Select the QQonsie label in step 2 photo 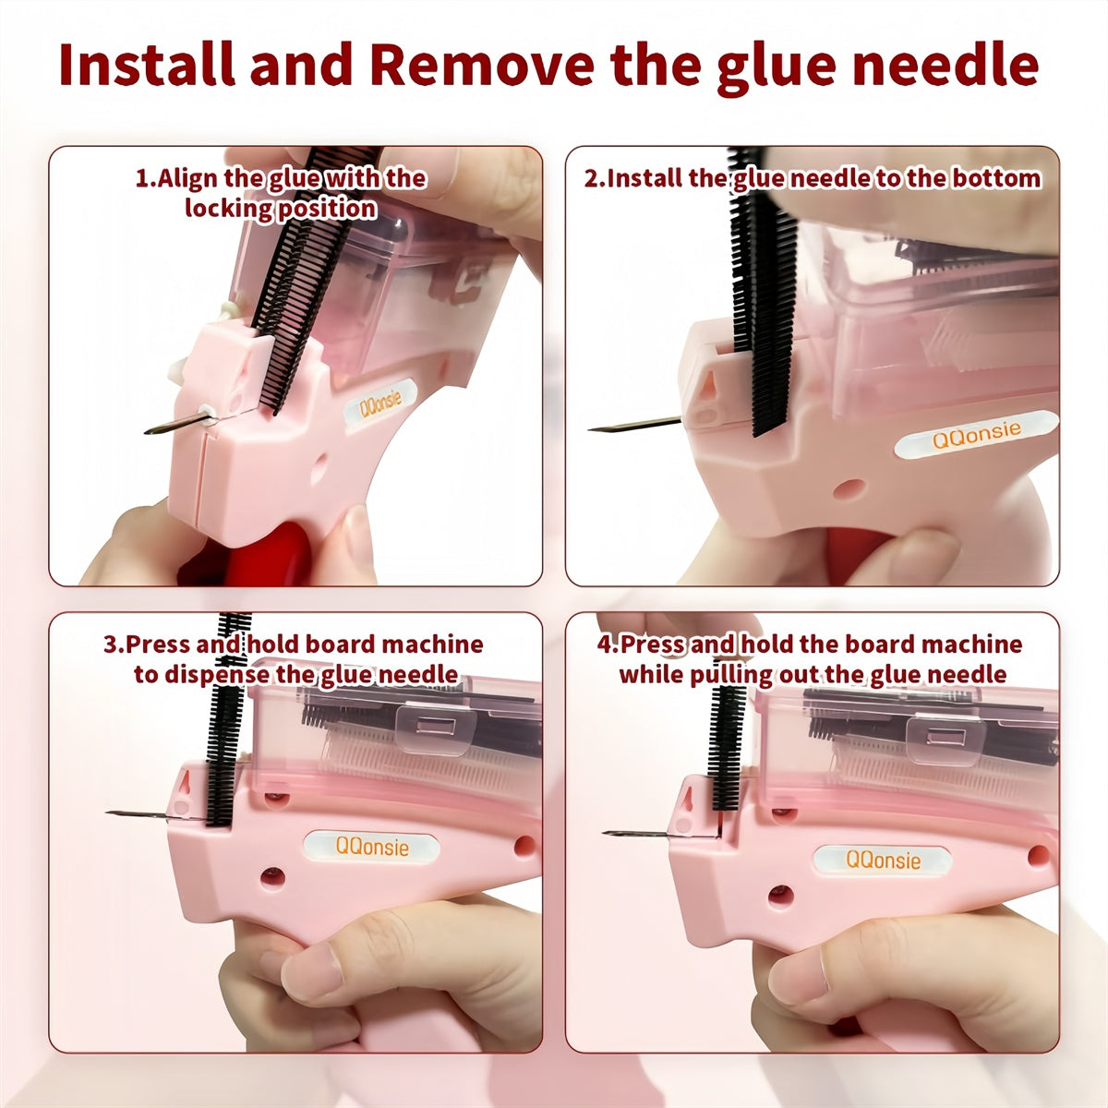click(x=976, y=433)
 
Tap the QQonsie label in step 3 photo click(x=371, y=845)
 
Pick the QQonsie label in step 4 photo click(x=884, y=860)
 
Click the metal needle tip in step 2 click(x=596, y=429)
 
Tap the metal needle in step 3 click(x=138, y=814)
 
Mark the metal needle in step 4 click(x=637, y=834)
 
